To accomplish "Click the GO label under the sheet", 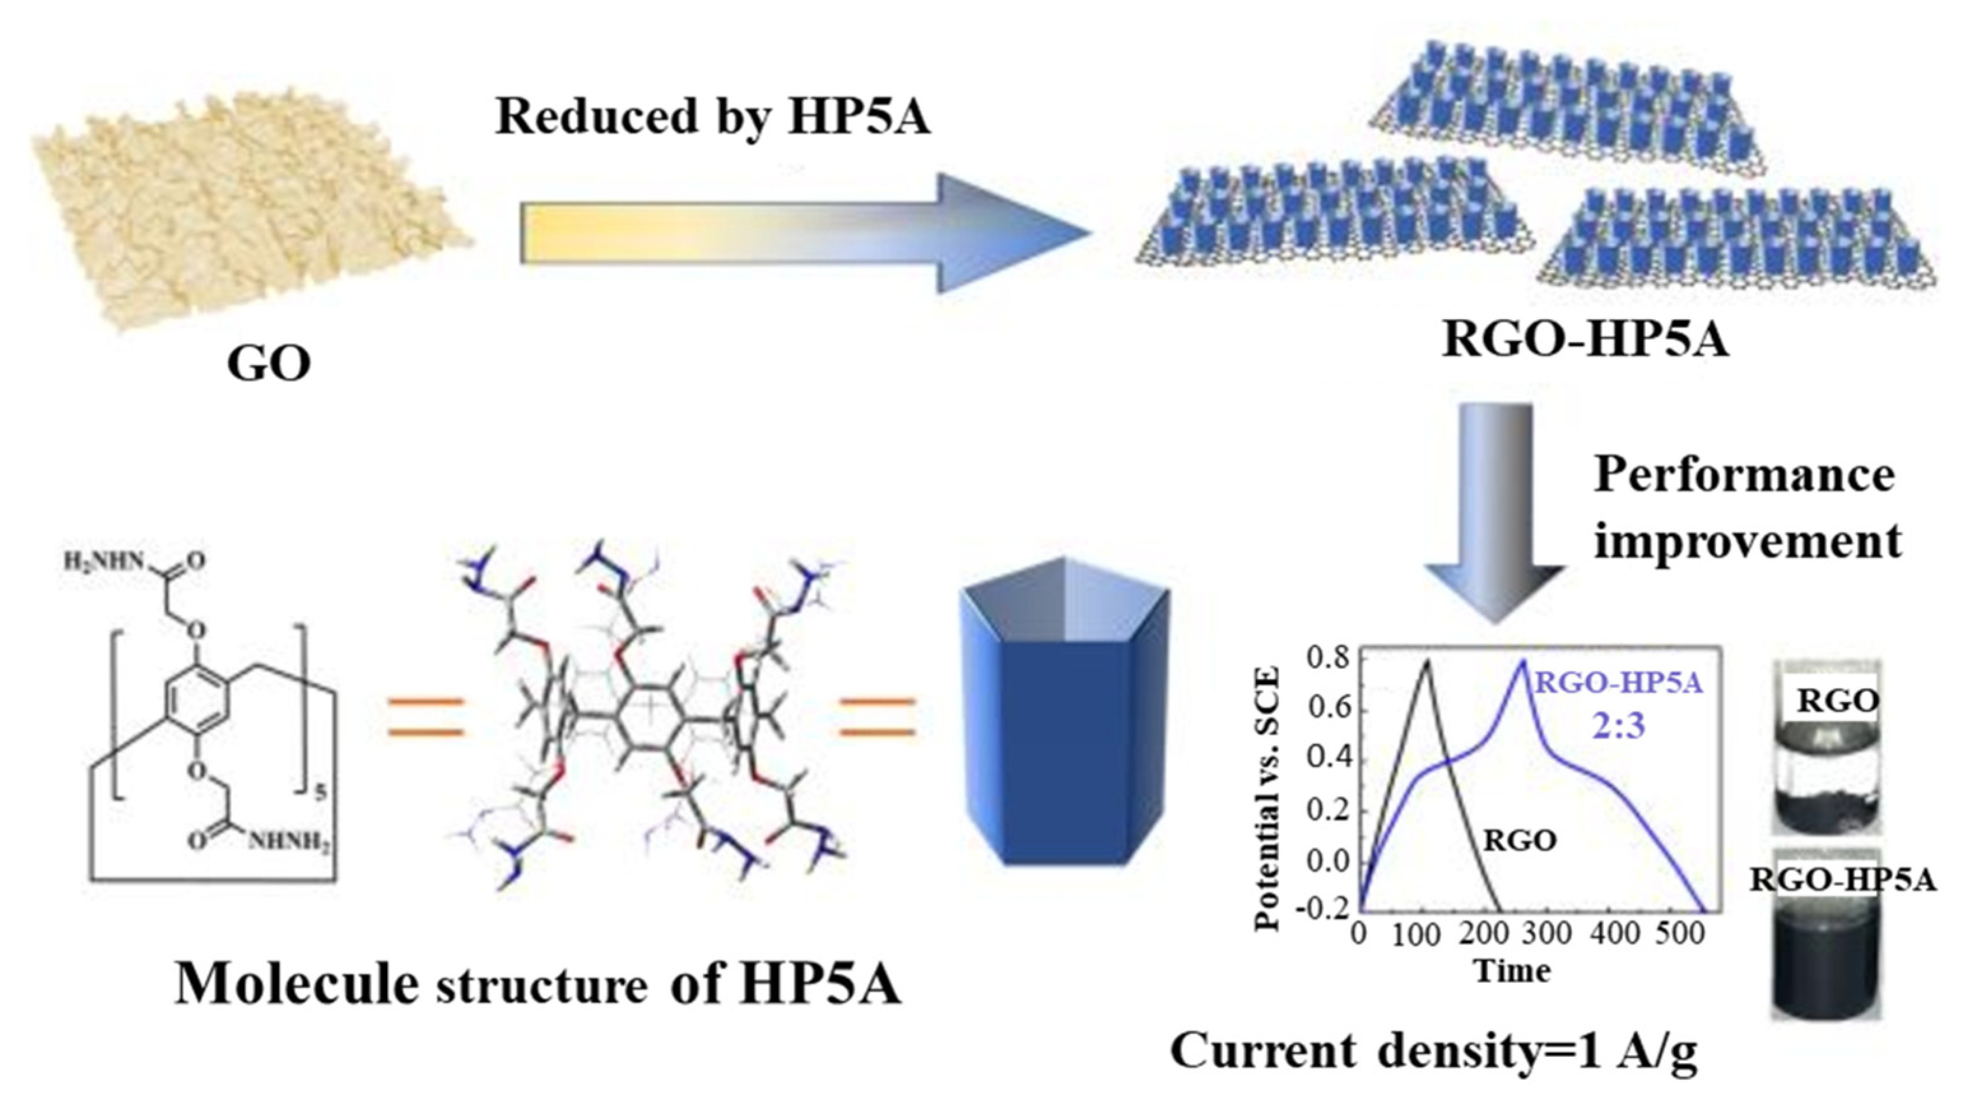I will (x=269, y=365).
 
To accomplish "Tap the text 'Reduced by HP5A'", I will (x=713, y=117).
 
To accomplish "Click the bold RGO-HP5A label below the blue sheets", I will (x=1586, y=340).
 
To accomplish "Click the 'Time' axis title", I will (x=1512, y=971).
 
